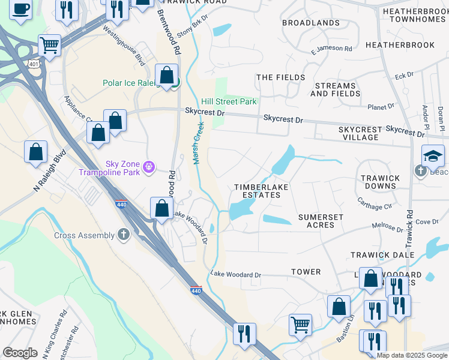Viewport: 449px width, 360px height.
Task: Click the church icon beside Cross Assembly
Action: pos(124,235)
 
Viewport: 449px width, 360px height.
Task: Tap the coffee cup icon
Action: pos(21,10)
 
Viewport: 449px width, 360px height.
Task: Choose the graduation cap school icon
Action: pos(433,157)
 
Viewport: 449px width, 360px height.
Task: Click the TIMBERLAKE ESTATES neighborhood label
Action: pos(261,191)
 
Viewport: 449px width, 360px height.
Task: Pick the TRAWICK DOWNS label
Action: pos(380,182)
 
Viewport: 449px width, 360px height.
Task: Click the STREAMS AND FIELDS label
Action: pos(336,89)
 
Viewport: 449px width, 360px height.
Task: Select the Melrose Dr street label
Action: pos(387,229)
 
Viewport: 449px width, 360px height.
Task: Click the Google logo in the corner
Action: pos(20,352)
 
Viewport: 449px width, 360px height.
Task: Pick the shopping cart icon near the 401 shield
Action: pos(49,44)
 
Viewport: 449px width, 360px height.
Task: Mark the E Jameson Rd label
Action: pos(331,49)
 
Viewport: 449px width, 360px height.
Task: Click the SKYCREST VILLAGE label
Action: pos(360,133)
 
